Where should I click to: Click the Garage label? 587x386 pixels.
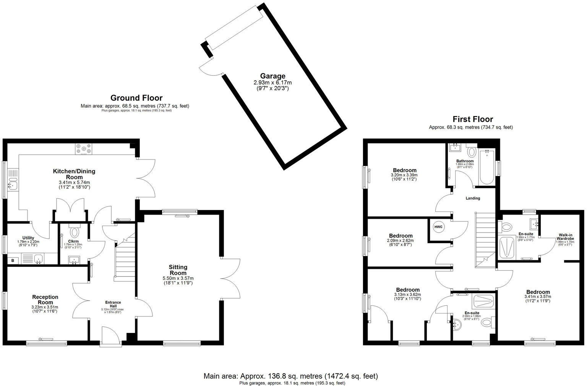[x=272, y=76]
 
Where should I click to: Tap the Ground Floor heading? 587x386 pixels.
[x=136, y=98]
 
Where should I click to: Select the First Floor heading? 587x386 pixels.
[x=473, y=119]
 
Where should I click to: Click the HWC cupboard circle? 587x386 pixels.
[x=438, y=227]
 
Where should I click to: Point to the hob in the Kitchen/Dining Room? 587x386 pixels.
[x=84, y=150]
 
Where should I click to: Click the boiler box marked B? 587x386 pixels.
[x=13, y=260]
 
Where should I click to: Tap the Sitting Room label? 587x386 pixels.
[x=178, y=270]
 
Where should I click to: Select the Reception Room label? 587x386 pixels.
[x=45, y=300]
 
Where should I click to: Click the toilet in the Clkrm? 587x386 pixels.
[x=75, y=231]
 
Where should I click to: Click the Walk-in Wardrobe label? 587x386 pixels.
[x=565, y=237]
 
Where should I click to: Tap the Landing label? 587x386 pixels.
[x=473, y=198]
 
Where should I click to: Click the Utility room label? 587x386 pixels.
[x=28, y=238]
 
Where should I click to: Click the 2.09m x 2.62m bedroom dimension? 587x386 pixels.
[x=401, y=241]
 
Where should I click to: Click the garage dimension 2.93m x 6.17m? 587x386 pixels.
[x=272, y=83]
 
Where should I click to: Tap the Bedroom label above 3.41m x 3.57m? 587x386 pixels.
[x=537, y=292]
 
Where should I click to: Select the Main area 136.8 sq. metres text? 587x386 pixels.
[x=290, y=376]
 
